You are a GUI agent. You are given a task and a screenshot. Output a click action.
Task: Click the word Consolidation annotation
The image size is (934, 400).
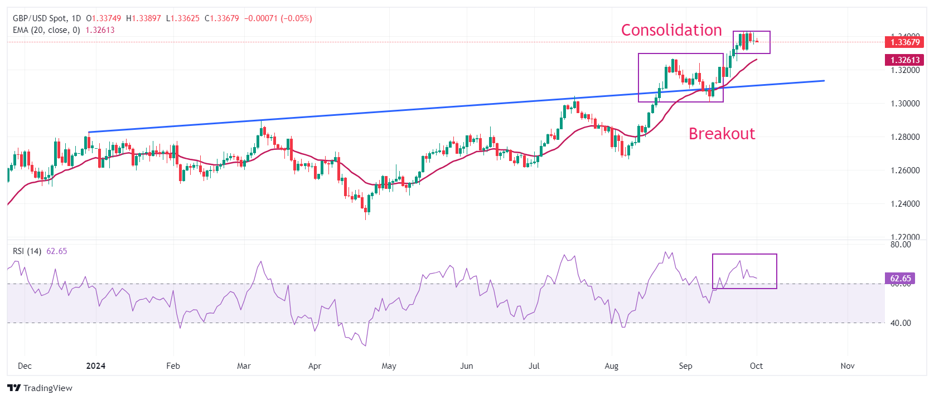[671, 30]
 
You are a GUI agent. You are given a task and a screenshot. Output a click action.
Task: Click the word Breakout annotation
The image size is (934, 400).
[722, 134]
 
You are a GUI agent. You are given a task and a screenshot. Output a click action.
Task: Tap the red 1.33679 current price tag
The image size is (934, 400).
[904, 42]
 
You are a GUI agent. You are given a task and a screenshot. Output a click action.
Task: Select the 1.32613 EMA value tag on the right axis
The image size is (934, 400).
[904, 60]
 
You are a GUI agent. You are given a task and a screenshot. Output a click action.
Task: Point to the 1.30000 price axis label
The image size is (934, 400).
[905, 104]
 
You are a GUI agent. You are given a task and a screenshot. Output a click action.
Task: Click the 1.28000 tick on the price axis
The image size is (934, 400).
[905, 137]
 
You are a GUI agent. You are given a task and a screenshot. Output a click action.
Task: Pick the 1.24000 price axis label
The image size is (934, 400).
[905, 204]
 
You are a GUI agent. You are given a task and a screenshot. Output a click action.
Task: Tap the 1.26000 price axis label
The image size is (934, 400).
[905, 170]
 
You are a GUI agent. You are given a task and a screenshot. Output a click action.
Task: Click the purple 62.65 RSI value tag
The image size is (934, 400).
[900, 279]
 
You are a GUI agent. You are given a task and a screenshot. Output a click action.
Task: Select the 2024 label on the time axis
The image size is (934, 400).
[96, 366]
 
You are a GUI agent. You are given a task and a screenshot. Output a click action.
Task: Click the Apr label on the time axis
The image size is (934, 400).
[314, 366]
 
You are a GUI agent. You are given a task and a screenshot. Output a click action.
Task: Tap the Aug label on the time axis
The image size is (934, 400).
[612, 366]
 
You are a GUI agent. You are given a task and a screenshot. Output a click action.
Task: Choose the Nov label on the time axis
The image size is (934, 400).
[847, 366]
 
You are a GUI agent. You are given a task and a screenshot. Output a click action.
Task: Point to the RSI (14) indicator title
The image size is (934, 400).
[27, 251]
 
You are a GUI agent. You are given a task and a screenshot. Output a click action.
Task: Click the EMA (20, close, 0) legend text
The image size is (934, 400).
[46, 30]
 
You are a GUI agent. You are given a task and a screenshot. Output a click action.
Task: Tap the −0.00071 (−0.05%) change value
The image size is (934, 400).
[278, 18]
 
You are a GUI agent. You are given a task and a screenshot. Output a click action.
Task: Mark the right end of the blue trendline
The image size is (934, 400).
[824, 81]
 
